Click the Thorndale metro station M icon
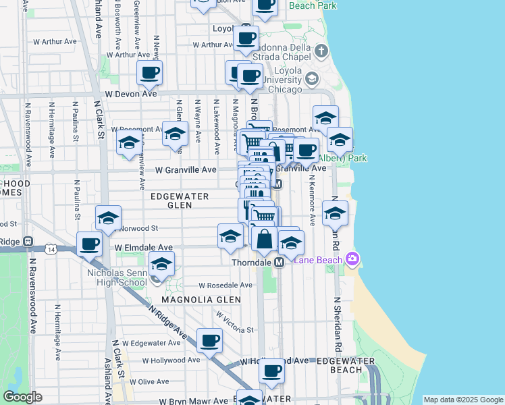point(278,262)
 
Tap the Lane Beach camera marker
point(351,259)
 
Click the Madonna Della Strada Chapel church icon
point(321,51)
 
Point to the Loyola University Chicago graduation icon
point(312,79)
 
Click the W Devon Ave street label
point(130,94)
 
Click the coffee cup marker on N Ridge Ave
point(209,341)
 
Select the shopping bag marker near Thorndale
point(263,238)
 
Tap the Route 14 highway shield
point(52,249)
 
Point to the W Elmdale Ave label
point(143,248)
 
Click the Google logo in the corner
point(23,397)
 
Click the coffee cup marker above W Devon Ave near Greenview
point(149,73)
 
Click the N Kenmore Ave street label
point(313,201)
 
